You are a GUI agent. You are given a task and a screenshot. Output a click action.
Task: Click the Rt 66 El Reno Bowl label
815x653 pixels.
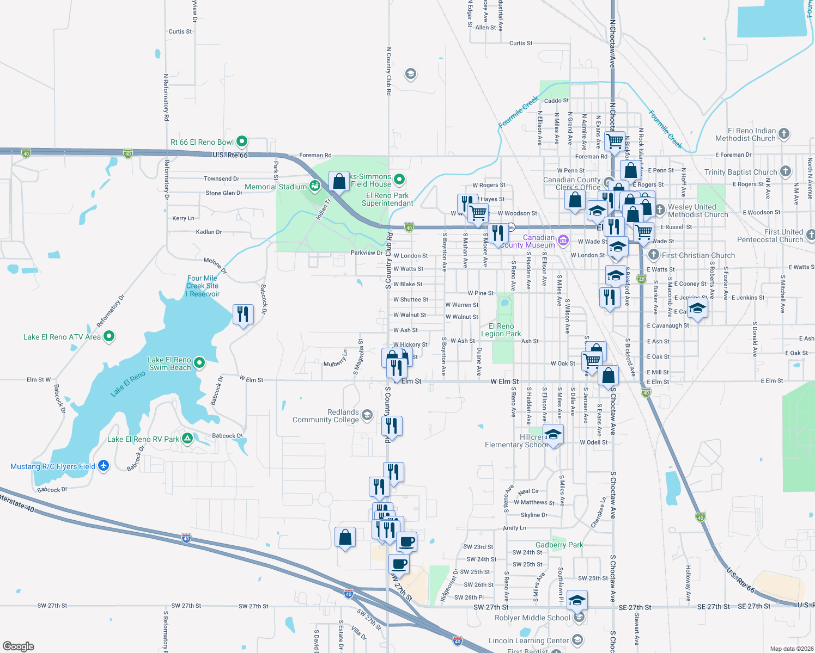[x=202, y=142]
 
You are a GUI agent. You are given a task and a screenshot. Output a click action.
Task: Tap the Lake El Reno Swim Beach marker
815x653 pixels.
[x=199, y=362]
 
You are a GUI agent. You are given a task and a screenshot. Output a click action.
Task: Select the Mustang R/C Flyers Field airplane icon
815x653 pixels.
[x=104, y=466]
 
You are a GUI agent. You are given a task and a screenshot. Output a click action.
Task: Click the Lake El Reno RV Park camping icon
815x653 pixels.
[x=187, y=439]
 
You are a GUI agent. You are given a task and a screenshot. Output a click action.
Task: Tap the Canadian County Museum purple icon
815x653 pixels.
[x=563, y=240]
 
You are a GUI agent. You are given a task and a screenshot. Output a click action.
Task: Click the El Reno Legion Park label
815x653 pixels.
[x=501, y=330]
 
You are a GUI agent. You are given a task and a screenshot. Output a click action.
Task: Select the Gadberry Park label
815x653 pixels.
[x=559, y=545]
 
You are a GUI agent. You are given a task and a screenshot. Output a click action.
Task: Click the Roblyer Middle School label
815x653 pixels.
[x=532, y=618]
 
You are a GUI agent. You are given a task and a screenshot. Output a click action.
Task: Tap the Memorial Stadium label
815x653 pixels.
[x=276, y=187]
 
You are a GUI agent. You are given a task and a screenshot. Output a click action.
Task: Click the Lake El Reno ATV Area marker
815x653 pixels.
[x=109, y=337]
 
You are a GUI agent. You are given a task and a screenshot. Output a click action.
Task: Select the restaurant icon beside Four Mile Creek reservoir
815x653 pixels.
[x=243, y=315]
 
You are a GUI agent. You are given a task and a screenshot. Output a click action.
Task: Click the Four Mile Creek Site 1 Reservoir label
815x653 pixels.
[x=202, y=286]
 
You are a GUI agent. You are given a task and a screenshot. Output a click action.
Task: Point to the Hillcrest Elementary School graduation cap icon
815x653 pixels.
[x=553, y=435]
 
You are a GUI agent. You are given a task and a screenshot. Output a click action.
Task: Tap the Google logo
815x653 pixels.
[x=18, y=646]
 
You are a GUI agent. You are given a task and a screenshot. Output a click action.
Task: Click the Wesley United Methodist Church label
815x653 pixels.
[x=698, y=211]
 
